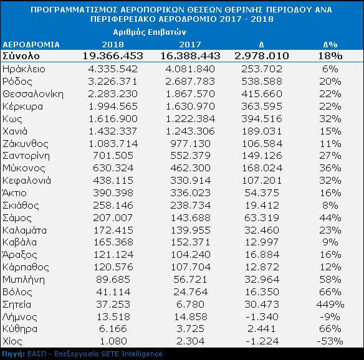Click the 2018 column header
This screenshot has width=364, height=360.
coord(113,44)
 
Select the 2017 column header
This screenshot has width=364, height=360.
coord(190,44)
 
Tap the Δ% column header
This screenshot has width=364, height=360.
coord(330,44)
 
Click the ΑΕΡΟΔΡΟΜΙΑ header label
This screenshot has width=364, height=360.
coord(31,45)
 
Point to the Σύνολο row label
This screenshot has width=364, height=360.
coord(21,56)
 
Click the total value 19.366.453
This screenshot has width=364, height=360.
coord(113,56)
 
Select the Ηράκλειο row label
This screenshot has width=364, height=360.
coord(24,69)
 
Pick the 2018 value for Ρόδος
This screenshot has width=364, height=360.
coord(113,82)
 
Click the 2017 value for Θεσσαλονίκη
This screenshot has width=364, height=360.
coord(190,94)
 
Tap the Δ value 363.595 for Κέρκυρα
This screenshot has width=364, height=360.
coord(262,107)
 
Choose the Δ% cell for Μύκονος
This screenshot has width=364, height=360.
coord(330,168)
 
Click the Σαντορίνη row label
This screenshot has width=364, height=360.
coord(26,156)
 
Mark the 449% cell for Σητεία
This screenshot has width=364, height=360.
coord(330,305)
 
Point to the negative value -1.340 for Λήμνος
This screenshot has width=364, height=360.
coord(262,317)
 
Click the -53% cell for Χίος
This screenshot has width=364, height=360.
coord(330,341)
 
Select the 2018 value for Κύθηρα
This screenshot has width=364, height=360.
coord(113,329)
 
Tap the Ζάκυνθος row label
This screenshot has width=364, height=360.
coord(26,144)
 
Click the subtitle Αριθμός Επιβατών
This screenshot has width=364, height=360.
coord(150,32)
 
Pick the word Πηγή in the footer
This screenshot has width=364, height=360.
coord(14,354)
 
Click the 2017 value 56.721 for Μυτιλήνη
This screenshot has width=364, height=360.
coord(190,280)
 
